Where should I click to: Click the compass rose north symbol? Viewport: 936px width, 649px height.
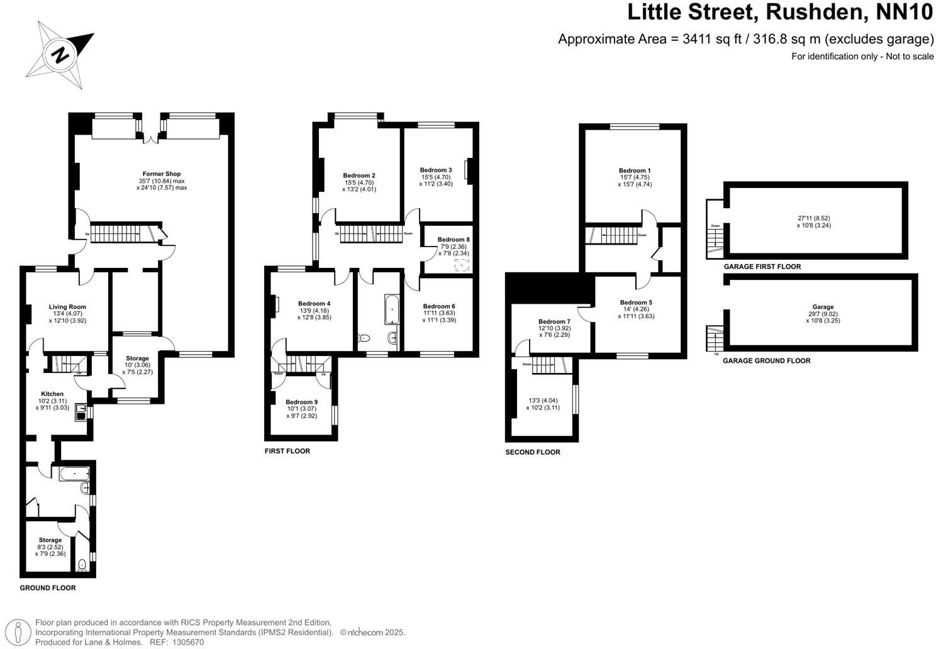point(60,54)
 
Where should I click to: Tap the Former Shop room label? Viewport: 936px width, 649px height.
point(162,174)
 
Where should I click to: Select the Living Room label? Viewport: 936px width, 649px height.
point(67,307)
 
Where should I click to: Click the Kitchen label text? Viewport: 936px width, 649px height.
point(52,394)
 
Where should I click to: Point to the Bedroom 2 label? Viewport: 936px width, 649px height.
point(359,175)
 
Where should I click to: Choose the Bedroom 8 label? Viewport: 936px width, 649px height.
point(454,240)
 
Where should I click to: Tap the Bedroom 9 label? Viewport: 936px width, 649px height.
point(302,402)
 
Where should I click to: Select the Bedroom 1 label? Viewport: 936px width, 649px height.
point(635,170)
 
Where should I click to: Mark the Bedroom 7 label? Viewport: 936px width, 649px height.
point(554,322)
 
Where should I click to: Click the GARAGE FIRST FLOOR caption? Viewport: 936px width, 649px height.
point(762,267)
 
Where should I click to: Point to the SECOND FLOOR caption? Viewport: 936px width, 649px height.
point(533,452)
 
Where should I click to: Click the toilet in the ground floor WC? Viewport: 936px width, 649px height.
point(82,565)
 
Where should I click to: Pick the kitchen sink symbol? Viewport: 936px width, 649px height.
point(81,411)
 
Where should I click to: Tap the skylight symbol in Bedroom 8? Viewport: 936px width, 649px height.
point(462,265)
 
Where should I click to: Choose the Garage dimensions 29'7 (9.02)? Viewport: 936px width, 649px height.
point(823,314)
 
